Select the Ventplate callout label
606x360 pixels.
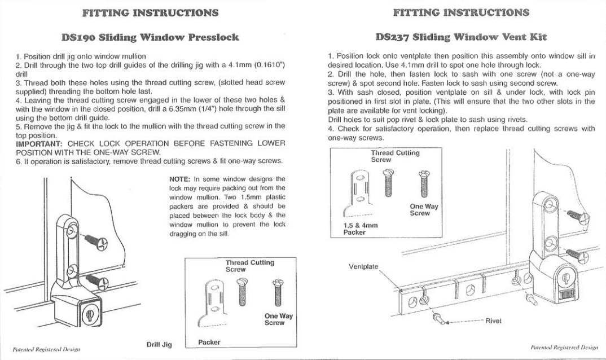tap(363, 266)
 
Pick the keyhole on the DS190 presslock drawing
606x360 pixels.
tap(86, 315)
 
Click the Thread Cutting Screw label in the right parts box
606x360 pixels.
tap(395, 156)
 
